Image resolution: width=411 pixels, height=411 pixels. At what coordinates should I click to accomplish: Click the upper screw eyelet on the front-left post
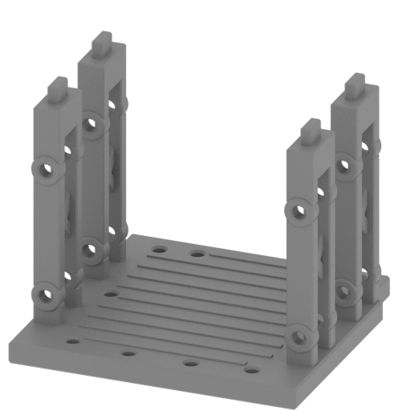(x=46, y=169)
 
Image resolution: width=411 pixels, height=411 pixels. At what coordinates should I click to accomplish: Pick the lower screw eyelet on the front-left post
(x=46, y=294)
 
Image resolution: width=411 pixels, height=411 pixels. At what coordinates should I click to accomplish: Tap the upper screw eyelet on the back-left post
(x=92, y=124)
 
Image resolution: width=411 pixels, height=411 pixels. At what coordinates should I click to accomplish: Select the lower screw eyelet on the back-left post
(x=91, y=249)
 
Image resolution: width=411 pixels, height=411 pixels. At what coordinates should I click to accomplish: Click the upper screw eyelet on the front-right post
(x=299, y=212)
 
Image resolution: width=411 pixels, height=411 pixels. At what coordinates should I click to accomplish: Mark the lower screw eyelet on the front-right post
(x=299, y=337)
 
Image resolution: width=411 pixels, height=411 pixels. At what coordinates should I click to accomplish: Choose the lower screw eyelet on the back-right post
(x=345, y=291)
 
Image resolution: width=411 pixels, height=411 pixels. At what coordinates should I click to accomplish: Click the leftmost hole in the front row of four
(x=73, y=342)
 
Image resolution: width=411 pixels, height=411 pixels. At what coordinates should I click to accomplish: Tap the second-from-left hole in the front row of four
(x=128, y=352)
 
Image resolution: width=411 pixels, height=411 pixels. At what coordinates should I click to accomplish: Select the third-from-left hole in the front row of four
(x=190, y=363)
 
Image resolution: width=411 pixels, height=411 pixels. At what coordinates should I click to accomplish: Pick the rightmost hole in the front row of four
(x=253, y=372)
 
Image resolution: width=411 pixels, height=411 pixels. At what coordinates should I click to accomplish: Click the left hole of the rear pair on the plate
(x=160, y=249)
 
